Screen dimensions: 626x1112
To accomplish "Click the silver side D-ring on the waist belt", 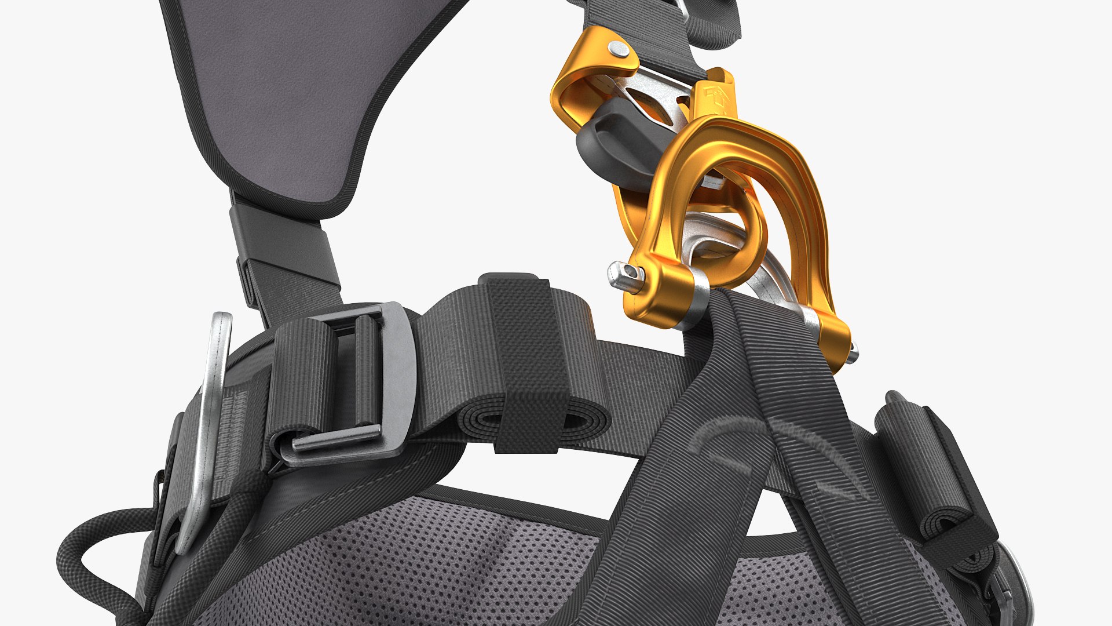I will click(x=209, y=429).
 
